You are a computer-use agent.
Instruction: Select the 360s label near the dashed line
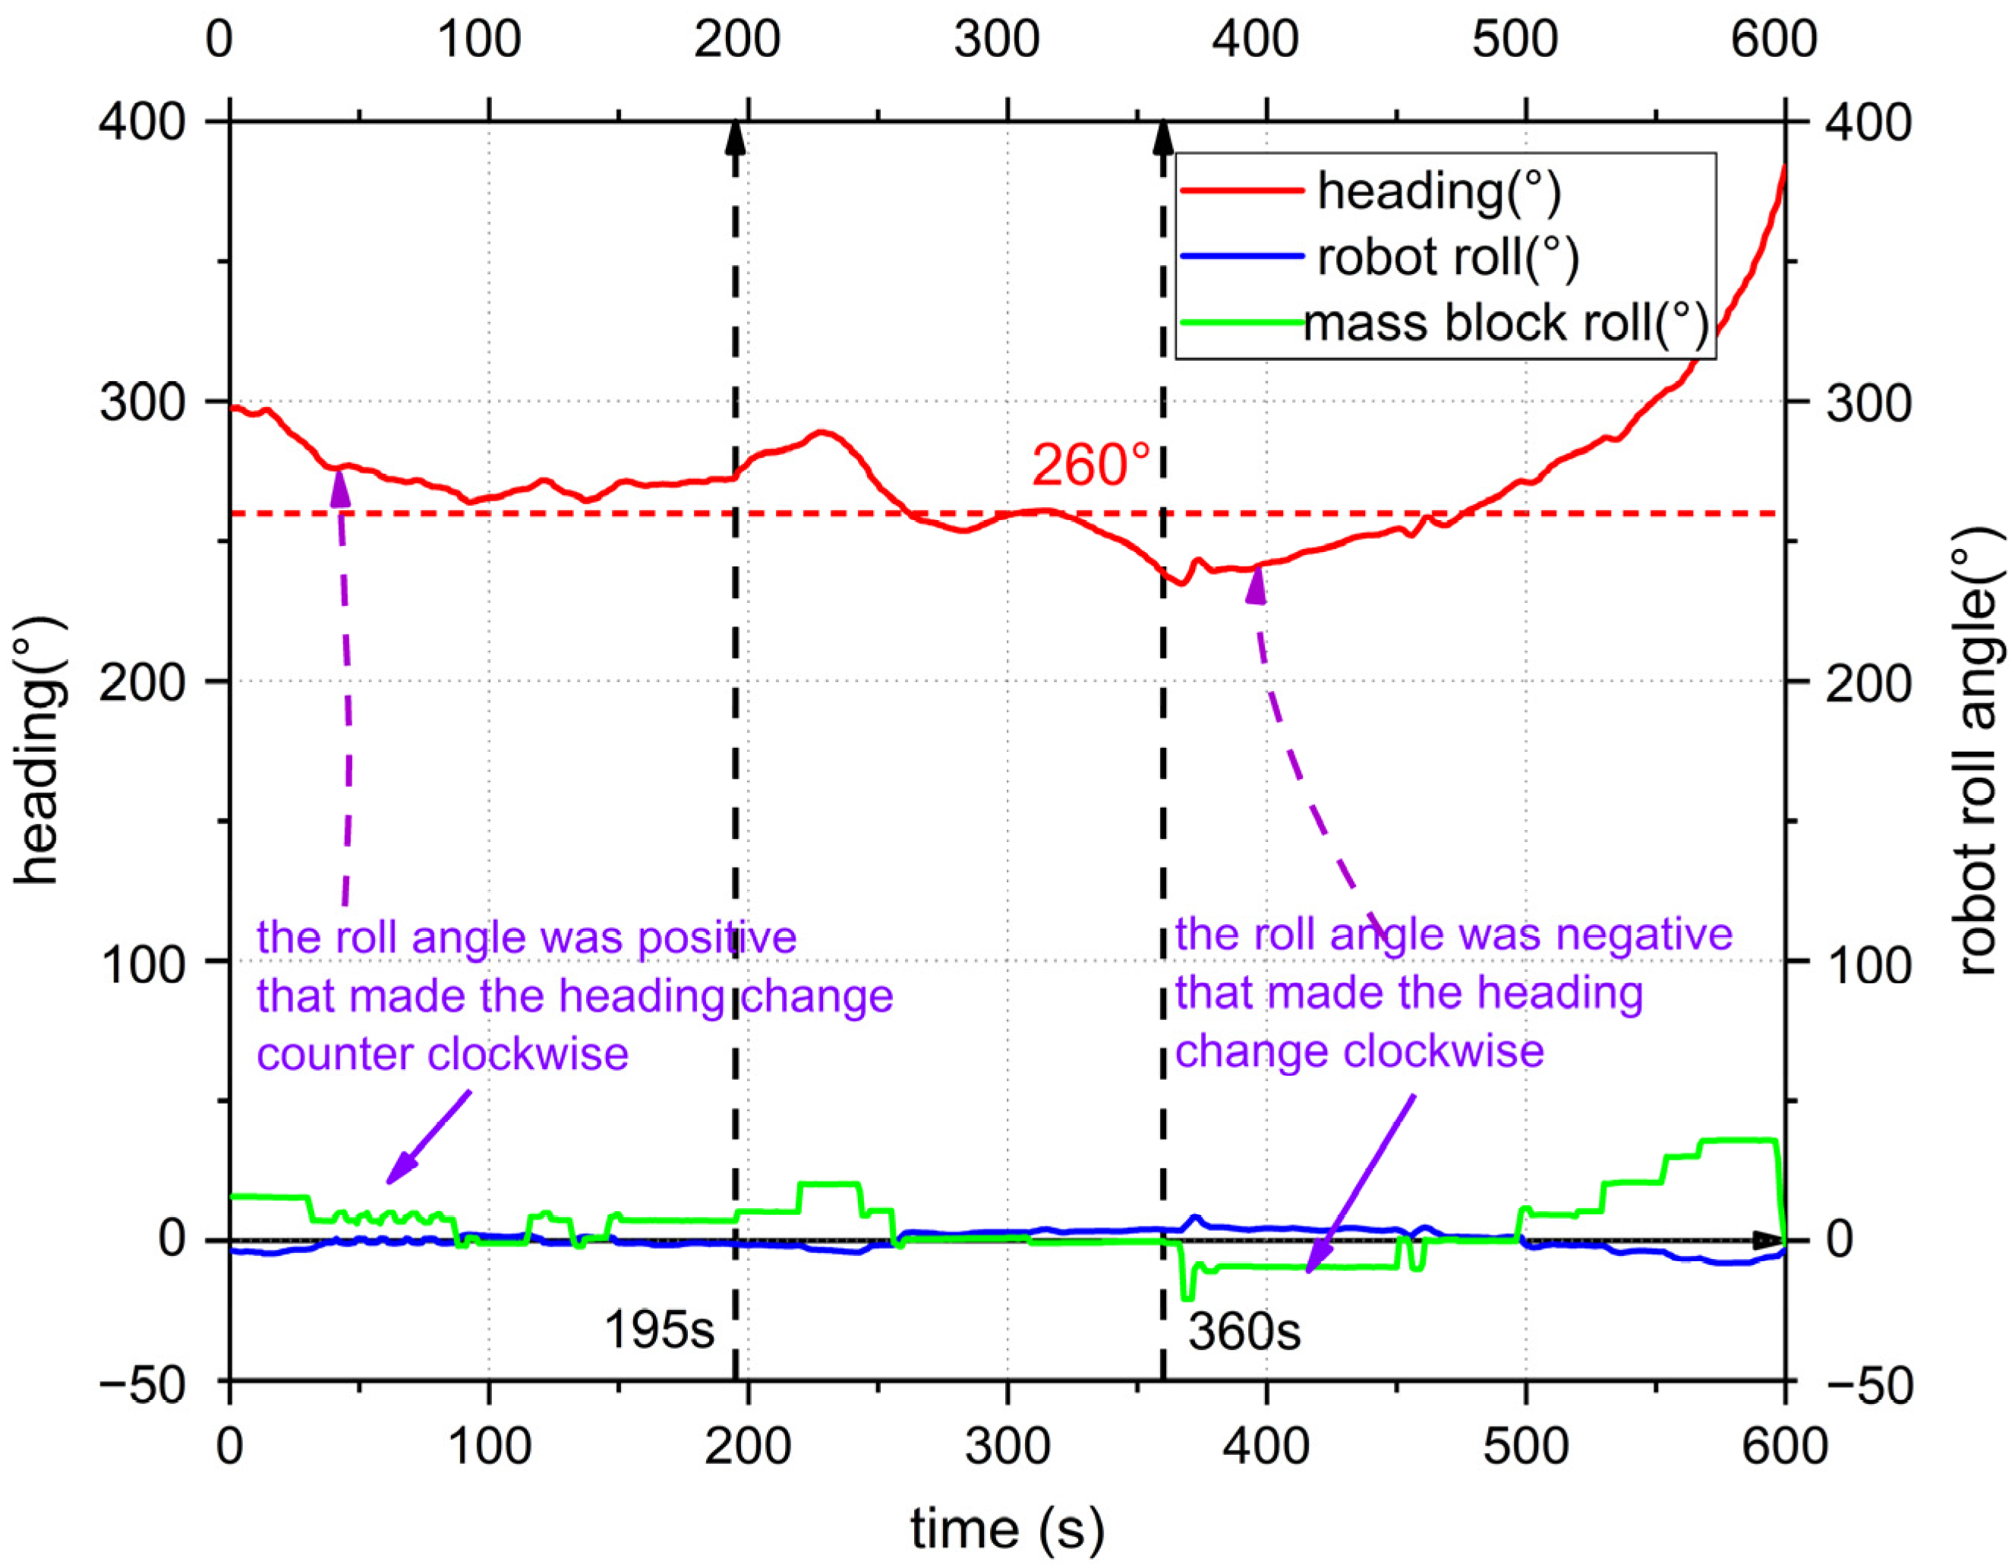coord(1244,1332)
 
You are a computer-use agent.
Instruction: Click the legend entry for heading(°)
coord(1437,191)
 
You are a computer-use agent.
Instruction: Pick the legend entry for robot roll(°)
coord(1446,257)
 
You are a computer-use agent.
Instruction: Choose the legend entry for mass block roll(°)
coord(1506,323)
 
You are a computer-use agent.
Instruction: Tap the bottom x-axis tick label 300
coord(1007,1447)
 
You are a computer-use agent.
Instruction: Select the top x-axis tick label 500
coord(1514,39)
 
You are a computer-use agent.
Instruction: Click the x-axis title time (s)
coord(1007,1529)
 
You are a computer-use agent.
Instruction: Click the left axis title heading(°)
coord(39,752)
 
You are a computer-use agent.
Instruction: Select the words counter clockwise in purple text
coord(443,1054)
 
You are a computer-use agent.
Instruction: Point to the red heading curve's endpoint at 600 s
coord(1784,168)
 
